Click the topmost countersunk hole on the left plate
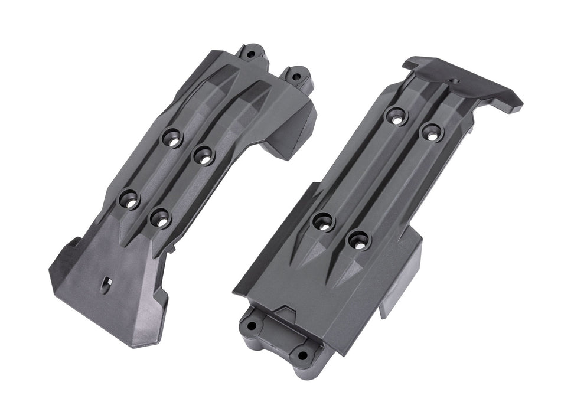[172, 137]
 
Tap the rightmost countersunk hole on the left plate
[203, 156]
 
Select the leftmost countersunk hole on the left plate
[130, 198]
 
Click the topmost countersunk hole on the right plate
[396, 115]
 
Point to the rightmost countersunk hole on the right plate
[431, 132]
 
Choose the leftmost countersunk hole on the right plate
[323, 221]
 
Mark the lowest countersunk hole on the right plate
[358, 239]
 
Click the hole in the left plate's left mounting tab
[252, 54]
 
